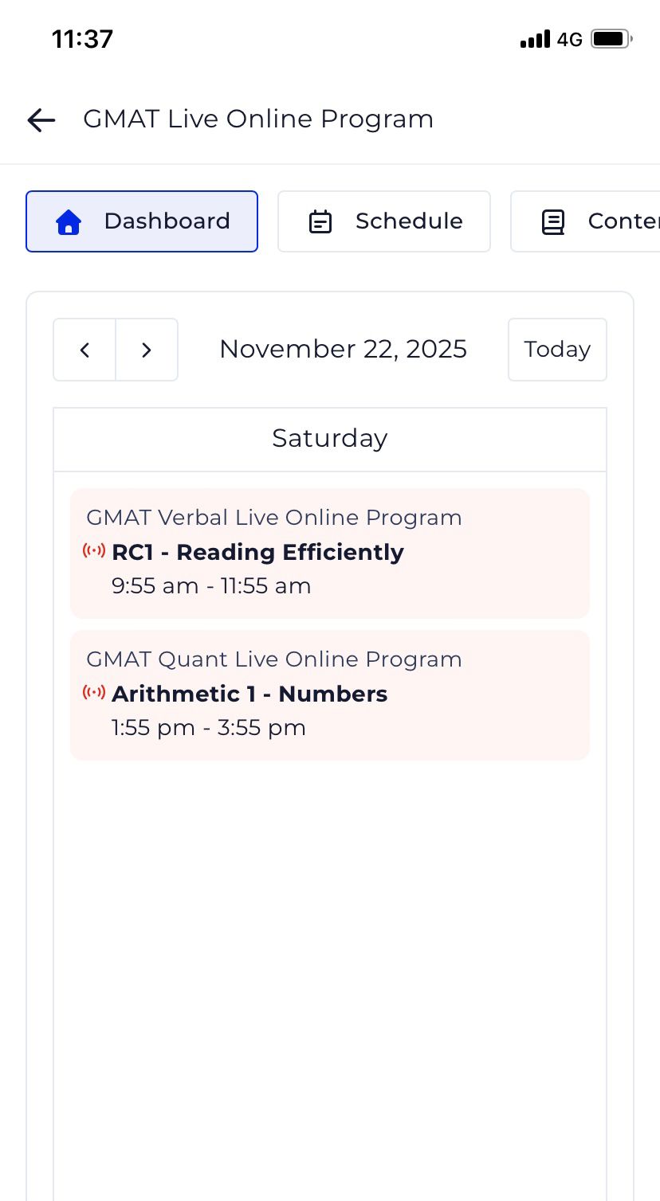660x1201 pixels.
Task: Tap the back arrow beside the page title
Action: (41, 119)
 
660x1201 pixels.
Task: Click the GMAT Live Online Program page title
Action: (258, 119)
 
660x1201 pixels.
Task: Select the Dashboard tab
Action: (142, 221)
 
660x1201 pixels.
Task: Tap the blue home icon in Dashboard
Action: (69, 222)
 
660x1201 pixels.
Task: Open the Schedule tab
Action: (384, 221)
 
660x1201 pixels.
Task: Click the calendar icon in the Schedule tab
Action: (320, 222)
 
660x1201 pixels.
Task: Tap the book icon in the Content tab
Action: (553, 222)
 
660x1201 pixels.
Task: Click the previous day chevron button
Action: (84, 350)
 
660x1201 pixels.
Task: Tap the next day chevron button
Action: (147, 350)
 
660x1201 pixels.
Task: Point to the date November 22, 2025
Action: (343, 350)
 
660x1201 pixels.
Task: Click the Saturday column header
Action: (330, 439)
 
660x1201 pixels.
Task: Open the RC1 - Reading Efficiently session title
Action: (257, 552)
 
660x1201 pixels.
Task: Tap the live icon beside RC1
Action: (94, 550)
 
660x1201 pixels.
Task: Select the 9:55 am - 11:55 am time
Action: (211, 586)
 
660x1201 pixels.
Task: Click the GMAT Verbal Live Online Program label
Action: (274, 518)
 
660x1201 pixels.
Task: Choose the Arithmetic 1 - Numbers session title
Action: (249, 694)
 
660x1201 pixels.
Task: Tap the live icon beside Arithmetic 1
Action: (94, 692)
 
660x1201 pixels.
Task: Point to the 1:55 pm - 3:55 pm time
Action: (209, 728)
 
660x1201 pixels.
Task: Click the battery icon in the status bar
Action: (611, 39)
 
